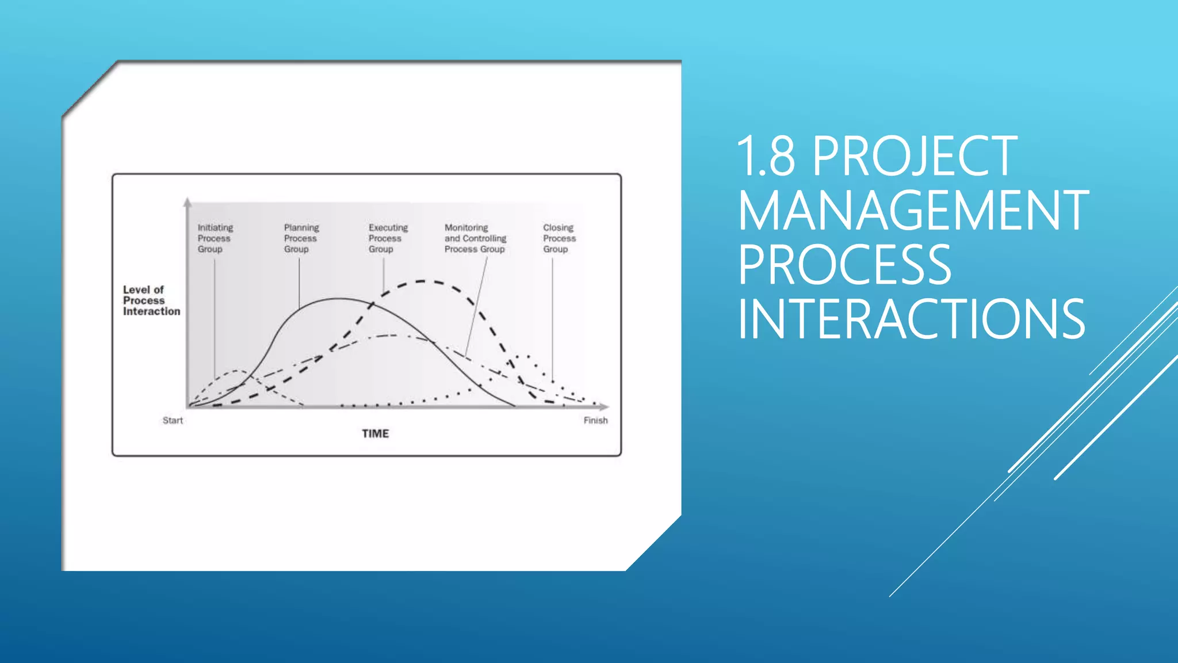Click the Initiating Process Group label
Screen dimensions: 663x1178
[215, 238]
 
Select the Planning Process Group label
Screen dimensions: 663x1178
[301, 238]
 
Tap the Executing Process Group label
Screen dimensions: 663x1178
[388, 238]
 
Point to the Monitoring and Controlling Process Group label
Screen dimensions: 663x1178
[475, 238]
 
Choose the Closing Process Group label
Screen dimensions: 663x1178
[559, 238]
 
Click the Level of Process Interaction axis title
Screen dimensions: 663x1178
[151, 300]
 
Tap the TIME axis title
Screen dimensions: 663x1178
[375, 433]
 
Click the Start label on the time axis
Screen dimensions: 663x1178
[173, 421]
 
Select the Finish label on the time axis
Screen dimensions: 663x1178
[595, 421]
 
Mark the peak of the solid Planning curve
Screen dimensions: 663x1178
[339, 298]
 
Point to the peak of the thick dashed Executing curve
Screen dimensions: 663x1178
[423, 281]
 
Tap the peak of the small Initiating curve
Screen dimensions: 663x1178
[237, 371]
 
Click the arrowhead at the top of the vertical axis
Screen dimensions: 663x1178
[187, 202]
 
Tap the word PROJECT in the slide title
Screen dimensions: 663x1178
[915, 157]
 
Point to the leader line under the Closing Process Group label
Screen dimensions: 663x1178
[552, 317]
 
